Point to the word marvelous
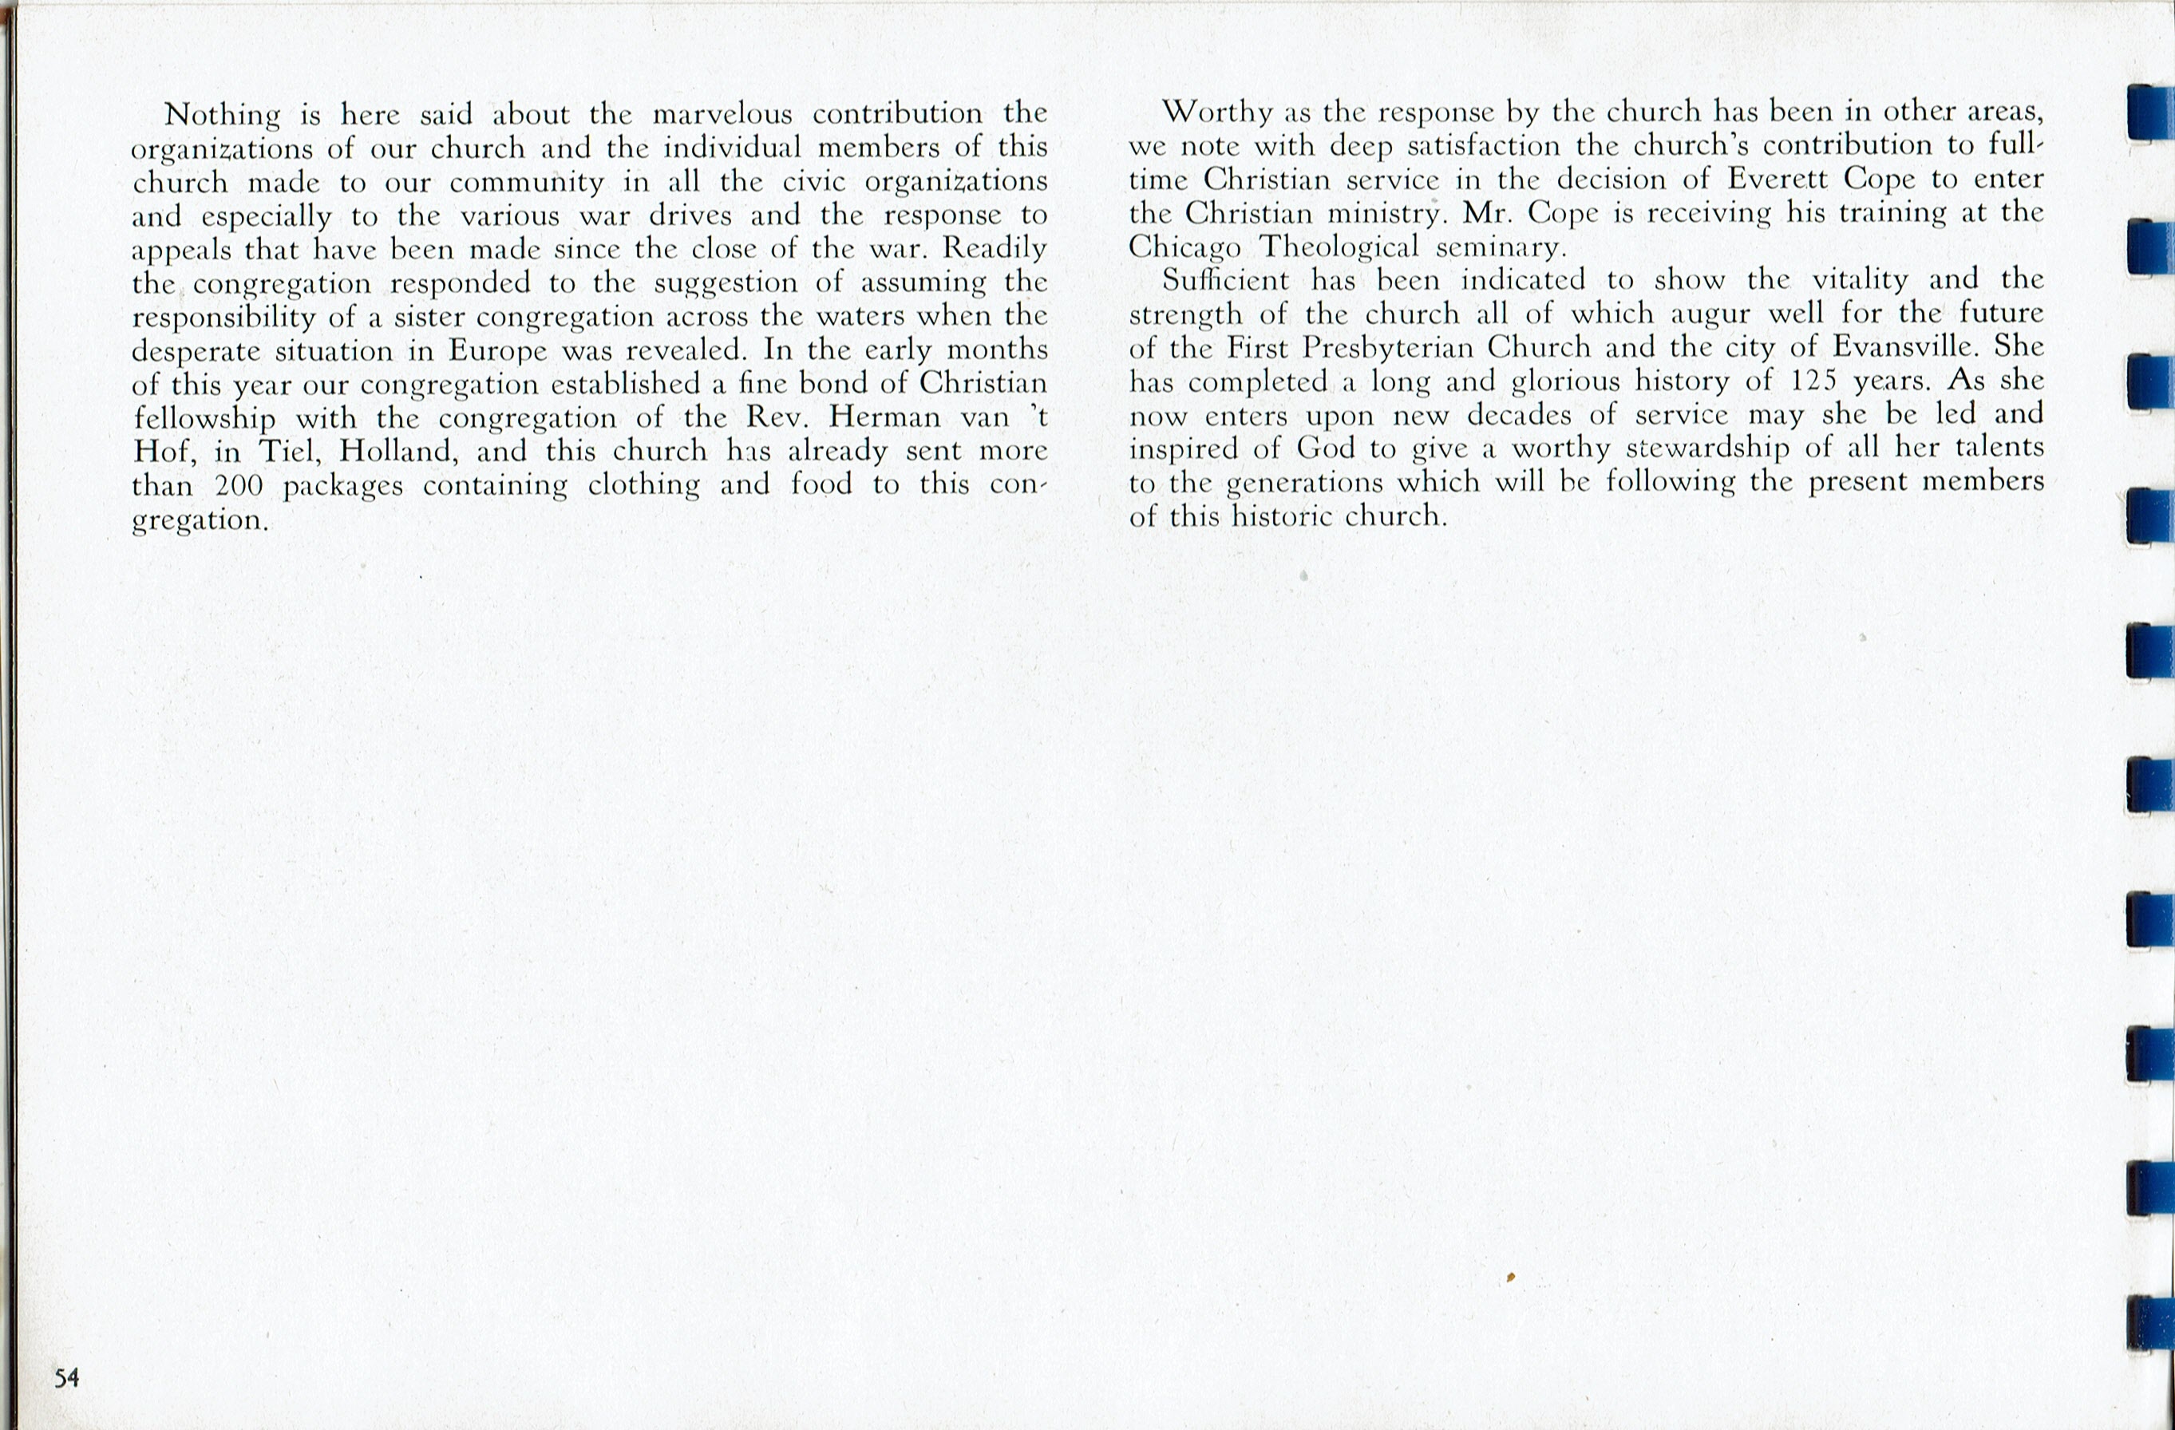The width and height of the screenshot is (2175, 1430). (x=722, y=114)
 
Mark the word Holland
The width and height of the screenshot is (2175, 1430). (x=398, y=452)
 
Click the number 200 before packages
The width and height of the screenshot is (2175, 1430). (x=239, y=485)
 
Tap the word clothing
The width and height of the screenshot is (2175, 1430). (x=643, y=485)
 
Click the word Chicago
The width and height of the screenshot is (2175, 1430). (x=1184, y=247)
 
